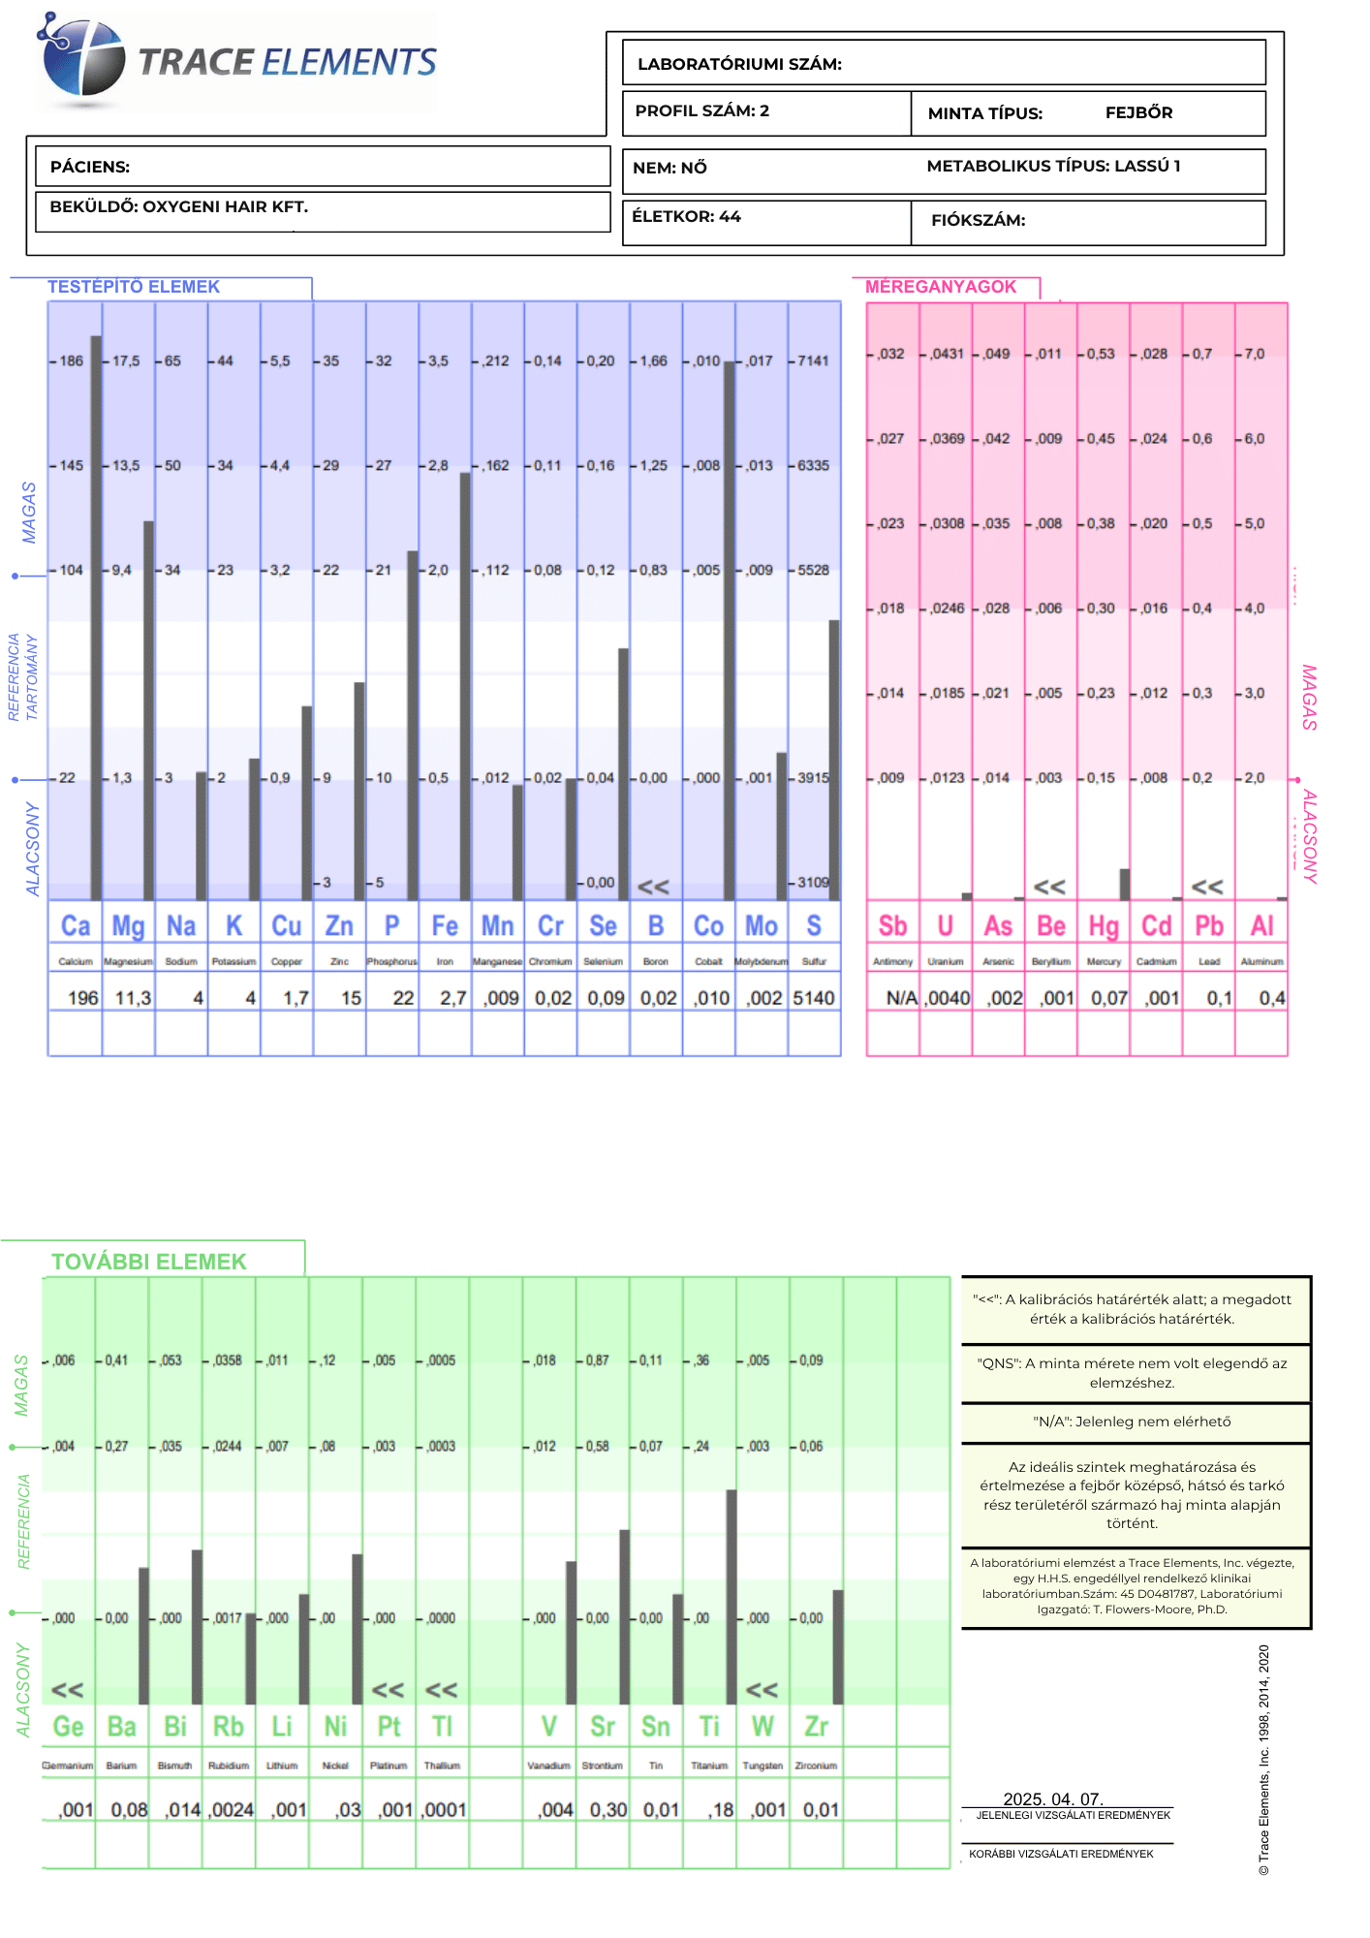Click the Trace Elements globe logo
[82, 60]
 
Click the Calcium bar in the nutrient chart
[96, 620]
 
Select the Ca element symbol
[76, 926]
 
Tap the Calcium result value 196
[82, 998]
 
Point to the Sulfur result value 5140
[814, 998]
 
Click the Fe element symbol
[445, 926]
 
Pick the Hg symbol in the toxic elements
[1104, 926]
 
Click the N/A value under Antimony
[901, 998]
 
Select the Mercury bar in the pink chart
[1125, 885]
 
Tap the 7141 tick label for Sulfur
[813, 361]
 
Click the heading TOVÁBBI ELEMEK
[149, 1262]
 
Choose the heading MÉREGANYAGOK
[940, 287]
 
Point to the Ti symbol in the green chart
[709, 1727]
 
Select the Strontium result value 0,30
[608, 1810]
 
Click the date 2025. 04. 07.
[1053, 1799]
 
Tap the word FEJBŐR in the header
[1138, 112]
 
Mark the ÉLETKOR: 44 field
[686, 217]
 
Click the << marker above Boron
[653, 887]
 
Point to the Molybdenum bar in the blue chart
[781, 827]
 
